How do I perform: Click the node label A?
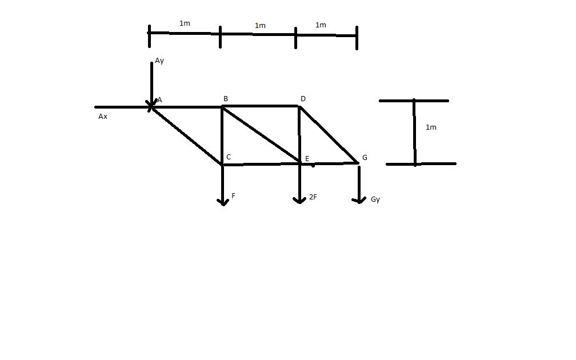(159, 100)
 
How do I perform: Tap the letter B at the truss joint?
(226, 99)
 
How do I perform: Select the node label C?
(229, 157)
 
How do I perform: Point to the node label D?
(303, 99)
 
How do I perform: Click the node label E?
(307, 158)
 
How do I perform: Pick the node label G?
(365, 157)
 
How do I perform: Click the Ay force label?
(159, 61)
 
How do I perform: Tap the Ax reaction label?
(103, 117)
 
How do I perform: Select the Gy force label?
(375, 199)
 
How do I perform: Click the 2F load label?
(313, 197)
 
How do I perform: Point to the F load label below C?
(233, 196)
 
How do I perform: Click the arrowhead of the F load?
(223, 202)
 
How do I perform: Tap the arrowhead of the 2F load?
(299, 201)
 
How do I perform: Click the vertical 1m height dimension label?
(431, 127)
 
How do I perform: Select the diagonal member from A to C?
(187, 135)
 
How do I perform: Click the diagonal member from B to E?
(261, 135)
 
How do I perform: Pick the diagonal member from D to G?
(329, 134)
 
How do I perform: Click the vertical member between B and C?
(222, 135)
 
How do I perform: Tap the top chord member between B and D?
(261, 106)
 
